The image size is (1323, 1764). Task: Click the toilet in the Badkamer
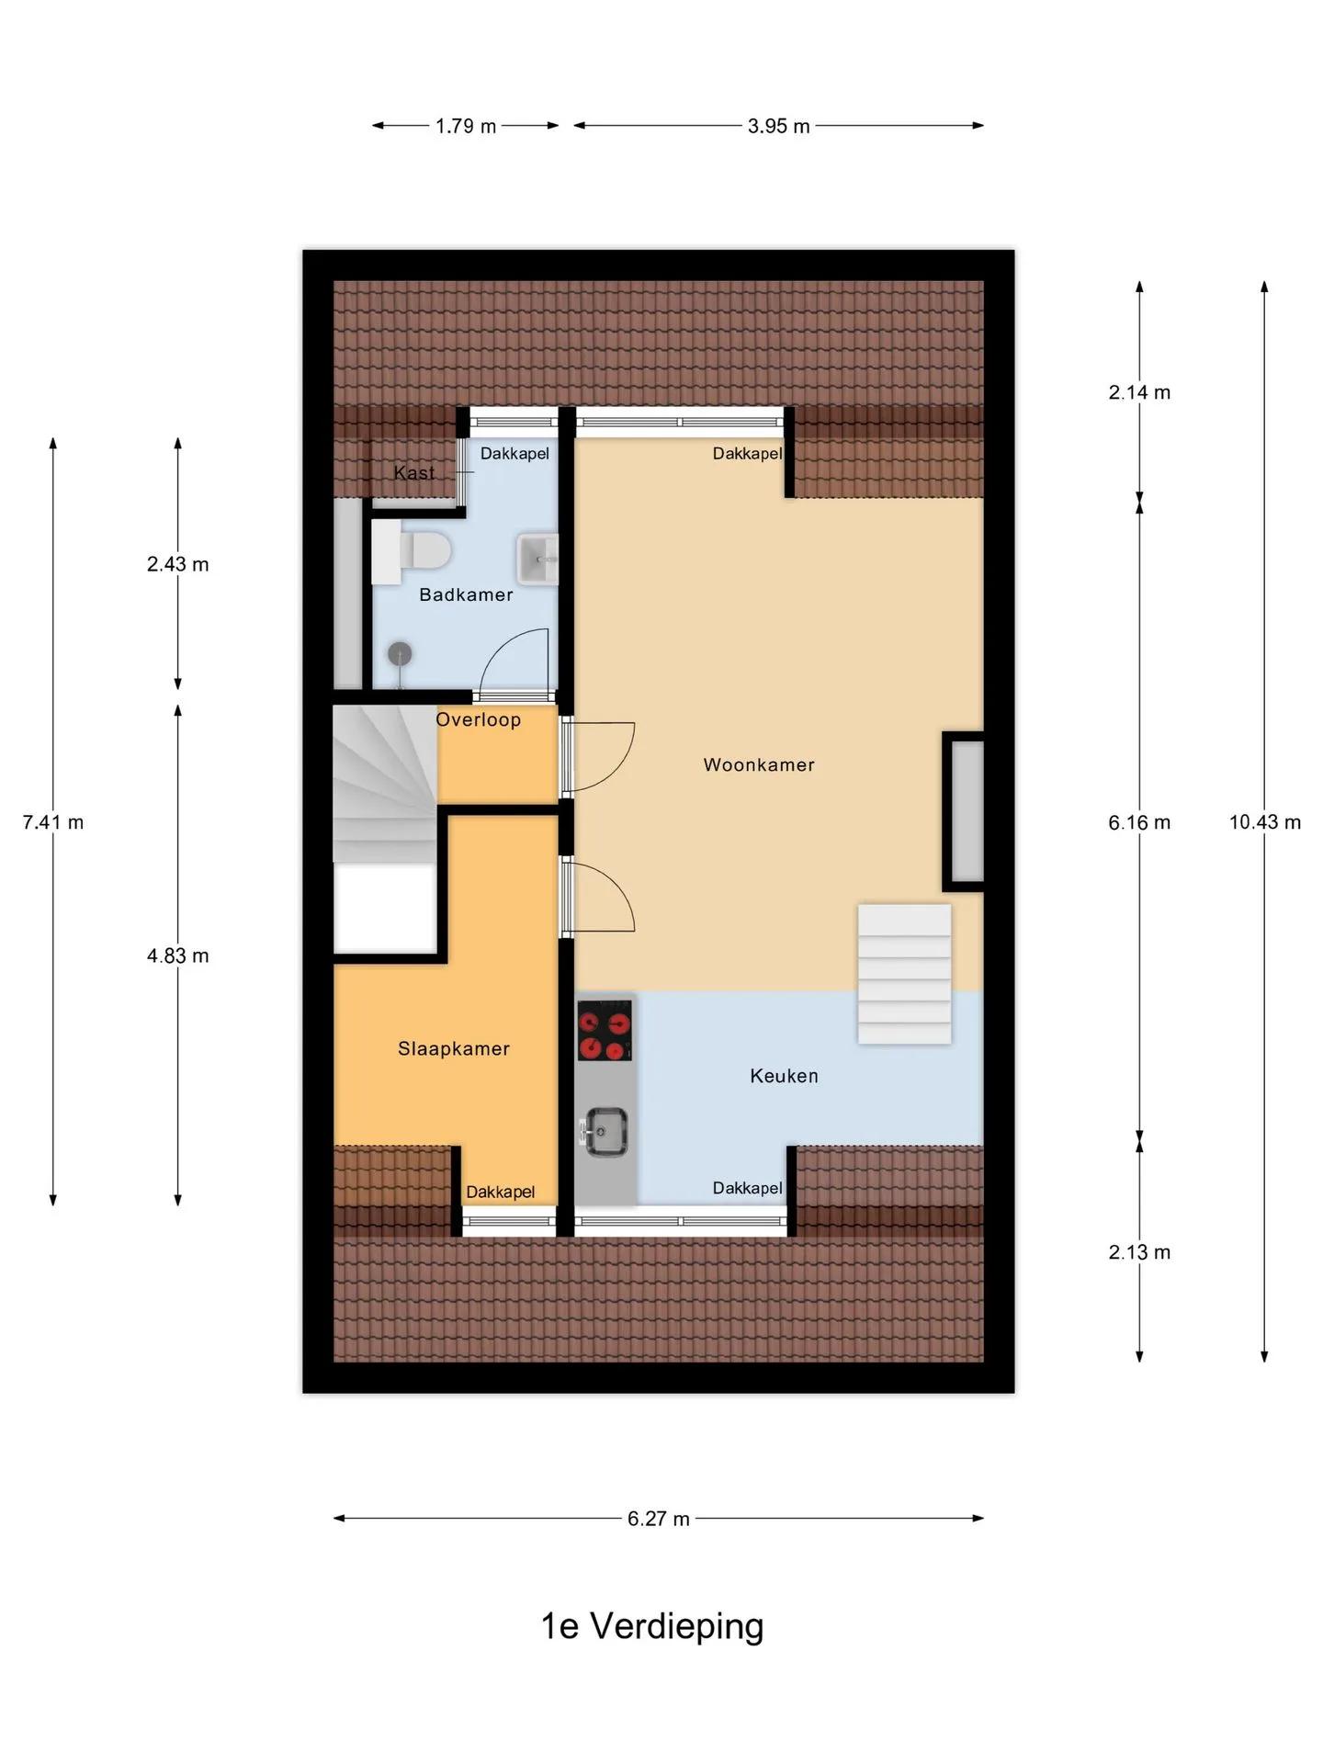[411, 551]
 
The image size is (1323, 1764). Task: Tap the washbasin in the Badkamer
[537, 559]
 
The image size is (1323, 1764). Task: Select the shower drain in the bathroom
[400, 654]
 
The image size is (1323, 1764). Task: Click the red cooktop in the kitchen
[605, 1029]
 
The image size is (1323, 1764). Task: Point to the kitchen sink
[605, 1131]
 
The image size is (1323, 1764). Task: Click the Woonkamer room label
[759, 764]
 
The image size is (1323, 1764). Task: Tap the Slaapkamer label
[454, 1048]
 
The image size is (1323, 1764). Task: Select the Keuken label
[784, 1076]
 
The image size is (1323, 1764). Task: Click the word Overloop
[478, 719]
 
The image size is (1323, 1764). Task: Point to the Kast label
[414, 473]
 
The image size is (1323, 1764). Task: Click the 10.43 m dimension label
[1265, 822]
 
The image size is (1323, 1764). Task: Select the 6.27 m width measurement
[659, 1519]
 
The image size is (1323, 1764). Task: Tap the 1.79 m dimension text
[466, 126]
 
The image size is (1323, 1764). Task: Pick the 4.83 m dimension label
[178, 955]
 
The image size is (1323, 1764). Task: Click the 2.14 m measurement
[1139, 392]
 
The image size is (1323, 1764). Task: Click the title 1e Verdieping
[652, 1626]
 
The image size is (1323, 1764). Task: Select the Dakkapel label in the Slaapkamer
[500, 1192]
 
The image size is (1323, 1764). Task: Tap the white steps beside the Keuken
[905, 974]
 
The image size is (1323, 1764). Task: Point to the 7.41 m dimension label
[53, 822]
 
